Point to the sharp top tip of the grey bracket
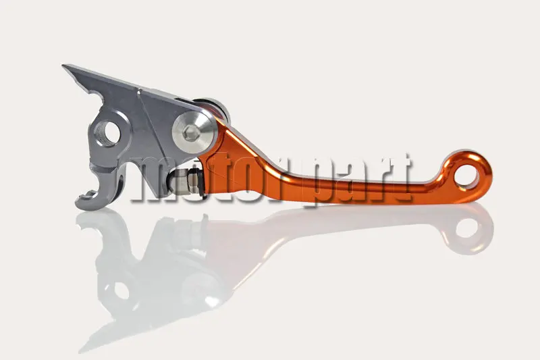63,65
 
